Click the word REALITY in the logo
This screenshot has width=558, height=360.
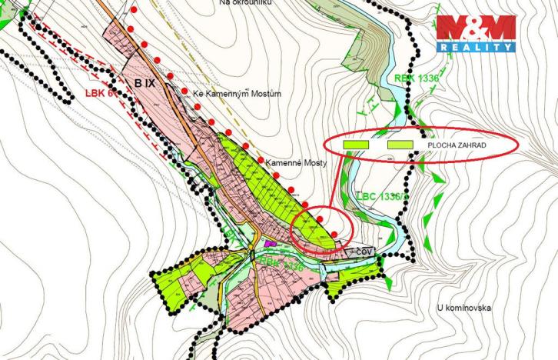(x=477, y=47)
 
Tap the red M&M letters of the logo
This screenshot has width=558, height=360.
(x=477, y=28)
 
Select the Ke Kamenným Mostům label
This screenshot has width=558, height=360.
(x=237, y=94)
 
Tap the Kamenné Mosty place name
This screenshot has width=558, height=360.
(x=296, y=164)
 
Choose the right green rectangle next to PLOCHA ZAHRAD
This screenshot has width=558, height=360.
(x=401, y=145)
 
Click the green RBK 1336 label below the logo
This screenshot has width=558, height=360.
(x=415, y=78)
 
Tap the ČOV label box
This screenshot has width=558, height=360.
(x=363, y=251)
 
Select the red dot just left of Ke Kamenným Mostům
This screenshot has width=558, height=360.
(x=184, y=92)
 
